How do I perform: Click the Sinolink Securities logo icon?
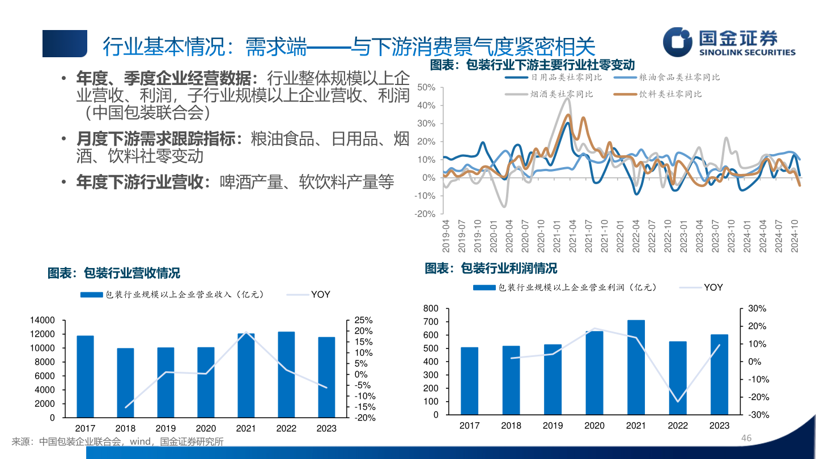click(678, 42)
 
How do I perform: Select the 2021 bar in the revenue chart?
click(246, 375)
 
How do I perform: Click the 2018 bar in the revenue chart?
click(125, 382)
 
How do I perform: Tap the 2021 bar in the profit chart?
click(636, 367)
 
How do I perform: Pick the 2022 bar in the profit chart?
click(678, 377)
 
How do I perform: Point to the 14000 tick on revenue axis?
click(43, 320)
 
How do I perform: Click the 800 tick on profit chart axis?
click(431, 309)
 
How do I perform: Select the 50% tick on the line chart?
click(426, 87)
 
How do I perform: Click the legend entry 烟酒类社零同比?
click(562, 94)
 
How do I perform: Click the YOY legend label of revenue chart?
click(320, 295)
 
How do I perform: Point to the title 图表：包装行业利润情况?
click(491, 268)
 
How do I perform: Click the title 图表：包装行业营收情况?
click(113, 273)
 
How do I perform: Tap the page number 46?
click(746, 439)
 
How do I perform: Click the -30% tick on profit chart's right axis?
click(757, 415)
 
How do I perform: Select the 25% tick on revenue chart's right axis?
click(364, 320)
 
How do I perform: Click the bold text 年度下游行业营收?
click(139, 182)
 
